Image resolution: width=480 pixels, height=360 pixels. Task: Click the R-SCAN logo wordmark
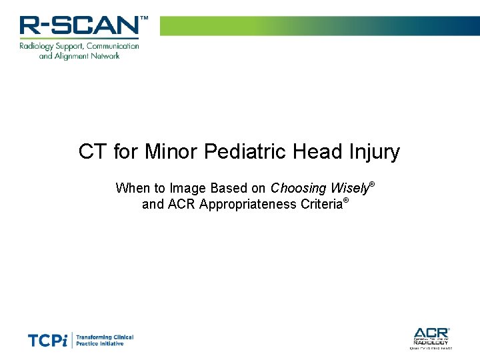tap(79, 26)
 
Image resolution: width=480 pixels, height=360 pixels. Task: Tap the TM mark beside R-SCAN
tap(143, 19)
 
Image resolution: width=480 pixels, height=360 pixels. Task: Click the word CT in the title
tap(93, 152)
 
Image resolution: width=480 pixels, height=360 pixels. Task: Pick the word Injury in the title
tap(374, 152)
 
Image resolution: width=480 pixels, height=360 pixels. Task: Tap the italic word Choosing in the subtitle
tap(298, 188)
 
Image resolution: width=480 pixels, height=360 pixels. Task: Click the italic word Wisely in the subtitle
tap(349, 188)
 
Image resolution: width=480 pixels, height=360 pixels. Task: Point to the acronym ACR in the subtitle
tap(181, 204)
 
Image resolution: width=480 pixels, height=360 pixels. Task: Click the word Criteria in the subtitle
tap(319, 204)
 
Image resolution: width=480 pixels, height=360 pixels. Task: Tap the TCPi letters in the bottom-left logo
tap(47, 341)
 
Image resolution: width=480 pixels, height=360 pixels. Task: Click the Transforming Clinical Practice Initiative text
tap(105, 340)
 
